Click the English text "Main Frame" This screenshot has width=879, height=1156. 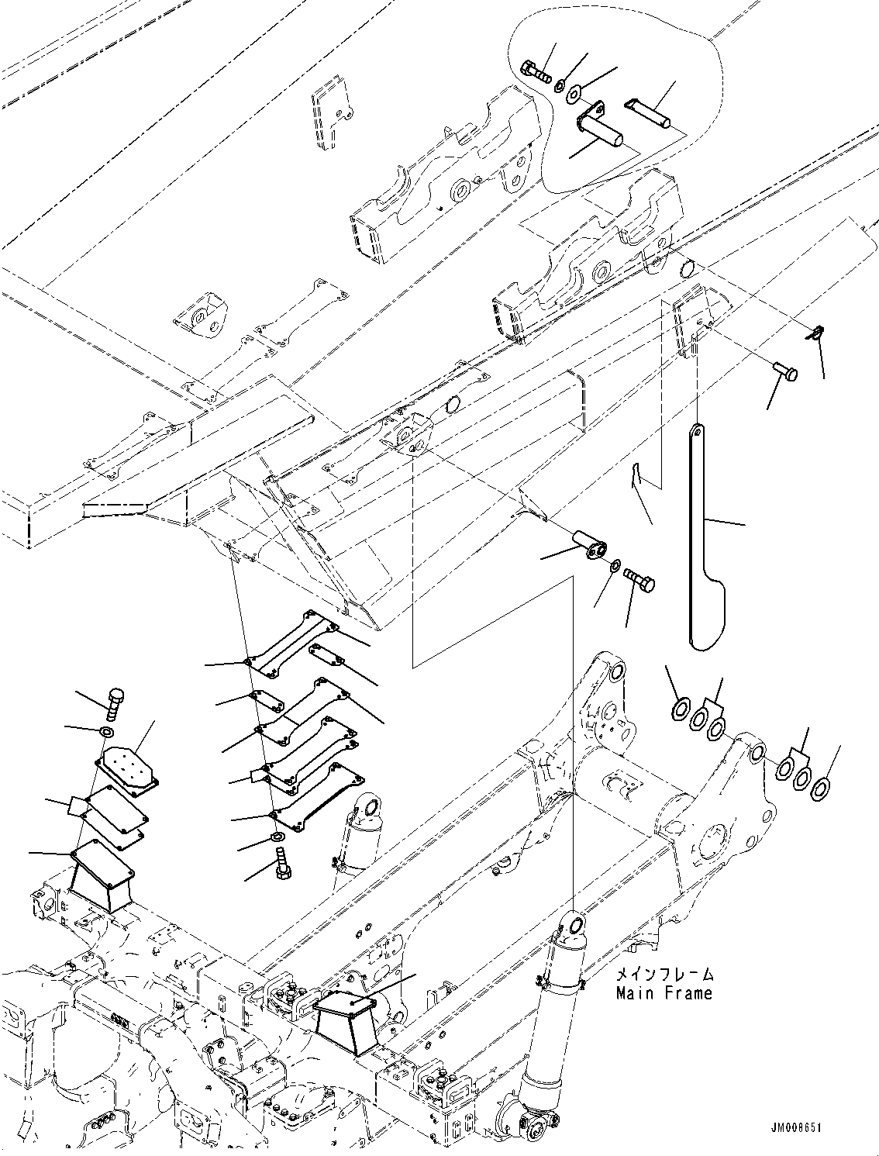point(664,992)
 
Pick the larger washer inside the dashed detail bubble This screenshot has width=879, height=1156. point(574,95)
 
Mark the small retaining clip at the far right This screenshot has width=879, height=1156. point(813,334)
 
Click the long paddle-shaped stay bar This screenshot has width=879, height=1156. point(702,543)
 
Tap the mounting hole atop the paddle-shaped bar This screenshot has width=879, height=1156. point(697,429)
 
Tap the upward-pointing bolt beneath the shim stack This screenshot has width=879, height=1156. point(281,864)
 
